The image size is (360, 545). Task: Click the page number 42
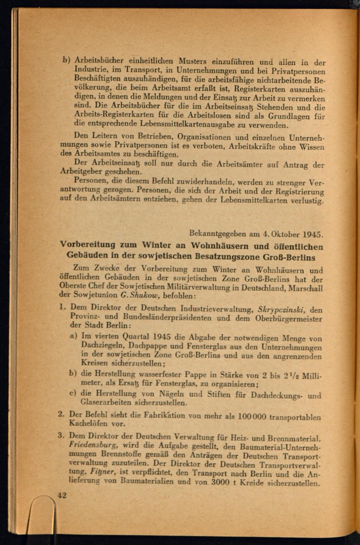(x=62, y=495)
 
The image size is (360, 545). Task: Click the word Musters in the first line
(x=193, y=61)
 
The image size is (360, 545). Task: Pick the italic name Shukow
(x=146, y=295)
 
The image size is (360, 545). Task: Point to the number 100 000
(x=252, y=417)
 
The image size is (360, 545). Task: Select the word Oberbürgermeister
(x=289, y=318)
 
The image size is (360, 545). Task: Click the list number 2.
(x=62, y=414)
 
